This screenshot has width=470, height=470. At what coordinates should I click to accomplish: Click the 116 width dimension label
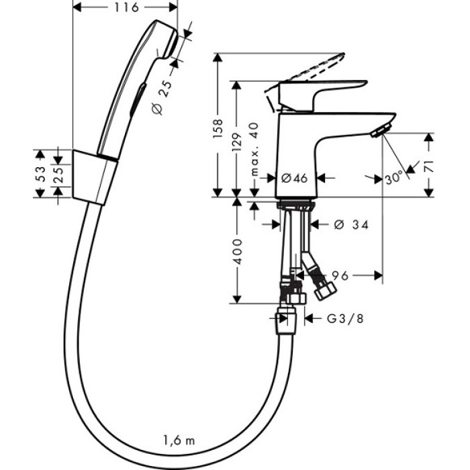tap(125, 7)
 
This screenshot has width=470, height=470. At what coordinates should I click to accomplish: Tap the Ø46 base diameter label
tap(294, 178)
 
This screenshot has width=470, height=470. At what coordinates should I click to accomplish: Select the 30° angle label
tap(394, 178)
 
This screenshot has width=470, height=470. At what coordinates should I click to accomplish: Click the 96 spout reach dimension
tap(340, 275)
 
